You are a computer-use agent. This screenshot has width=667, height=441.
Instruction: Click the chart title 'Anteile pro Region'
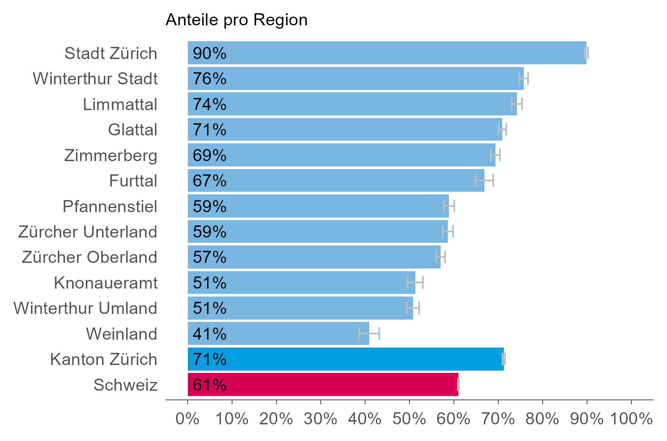point(236,20)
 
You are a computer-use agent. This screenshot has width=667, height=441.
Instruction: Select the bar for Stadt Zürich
point(387,53)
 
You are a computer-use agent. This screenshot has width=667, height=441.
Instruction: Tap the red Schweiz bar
point(323,385)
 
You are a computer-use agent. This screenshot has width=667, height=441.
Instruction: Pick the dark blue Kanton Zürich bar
point(345,359)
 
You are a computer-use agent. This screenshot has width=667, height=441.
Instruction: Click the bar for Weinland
point(278,334)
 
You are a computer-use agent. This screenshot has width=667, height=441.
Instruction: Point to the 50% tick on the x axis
point(409,419)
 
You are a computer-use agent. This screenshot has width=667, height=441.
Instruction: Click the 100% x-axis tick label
point(631,419)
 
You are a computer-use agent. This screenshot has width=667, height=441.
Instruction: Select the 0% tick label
point(188,419)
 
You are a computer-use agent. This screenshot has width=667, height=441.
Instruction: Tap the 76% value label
point(209,79)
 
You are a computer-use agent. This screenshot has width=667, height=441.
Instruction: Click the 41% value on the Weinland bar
point(209,334)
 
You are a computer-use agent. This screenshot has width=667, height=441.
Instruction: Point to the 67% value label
point(209,181)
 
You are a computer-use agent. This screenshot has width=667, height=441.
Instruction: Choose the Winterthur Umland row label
point(85,308)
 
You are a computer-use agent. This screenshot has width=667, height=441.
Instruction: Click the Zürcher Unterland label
point(88,232)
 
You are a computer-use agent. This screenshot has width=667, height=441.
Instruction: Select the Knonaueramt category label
point(106,283)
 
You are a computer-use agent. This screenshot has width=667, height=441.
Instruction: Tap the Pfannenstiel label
point(110,207)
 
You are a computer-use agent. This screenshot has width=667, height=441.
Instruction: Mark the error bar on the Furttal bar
point(484,181)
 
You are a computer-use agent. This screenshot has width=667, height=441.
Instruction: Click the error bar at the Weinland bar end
point(369,334)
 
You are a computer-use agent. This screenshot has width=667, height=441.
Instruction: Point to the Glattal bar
point(345,129)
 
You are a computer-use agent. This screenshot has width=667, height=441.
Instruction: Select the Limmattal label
point(120,104)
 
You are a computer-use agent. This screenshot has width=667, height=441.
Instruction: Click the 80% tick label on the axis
point(542,419)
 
